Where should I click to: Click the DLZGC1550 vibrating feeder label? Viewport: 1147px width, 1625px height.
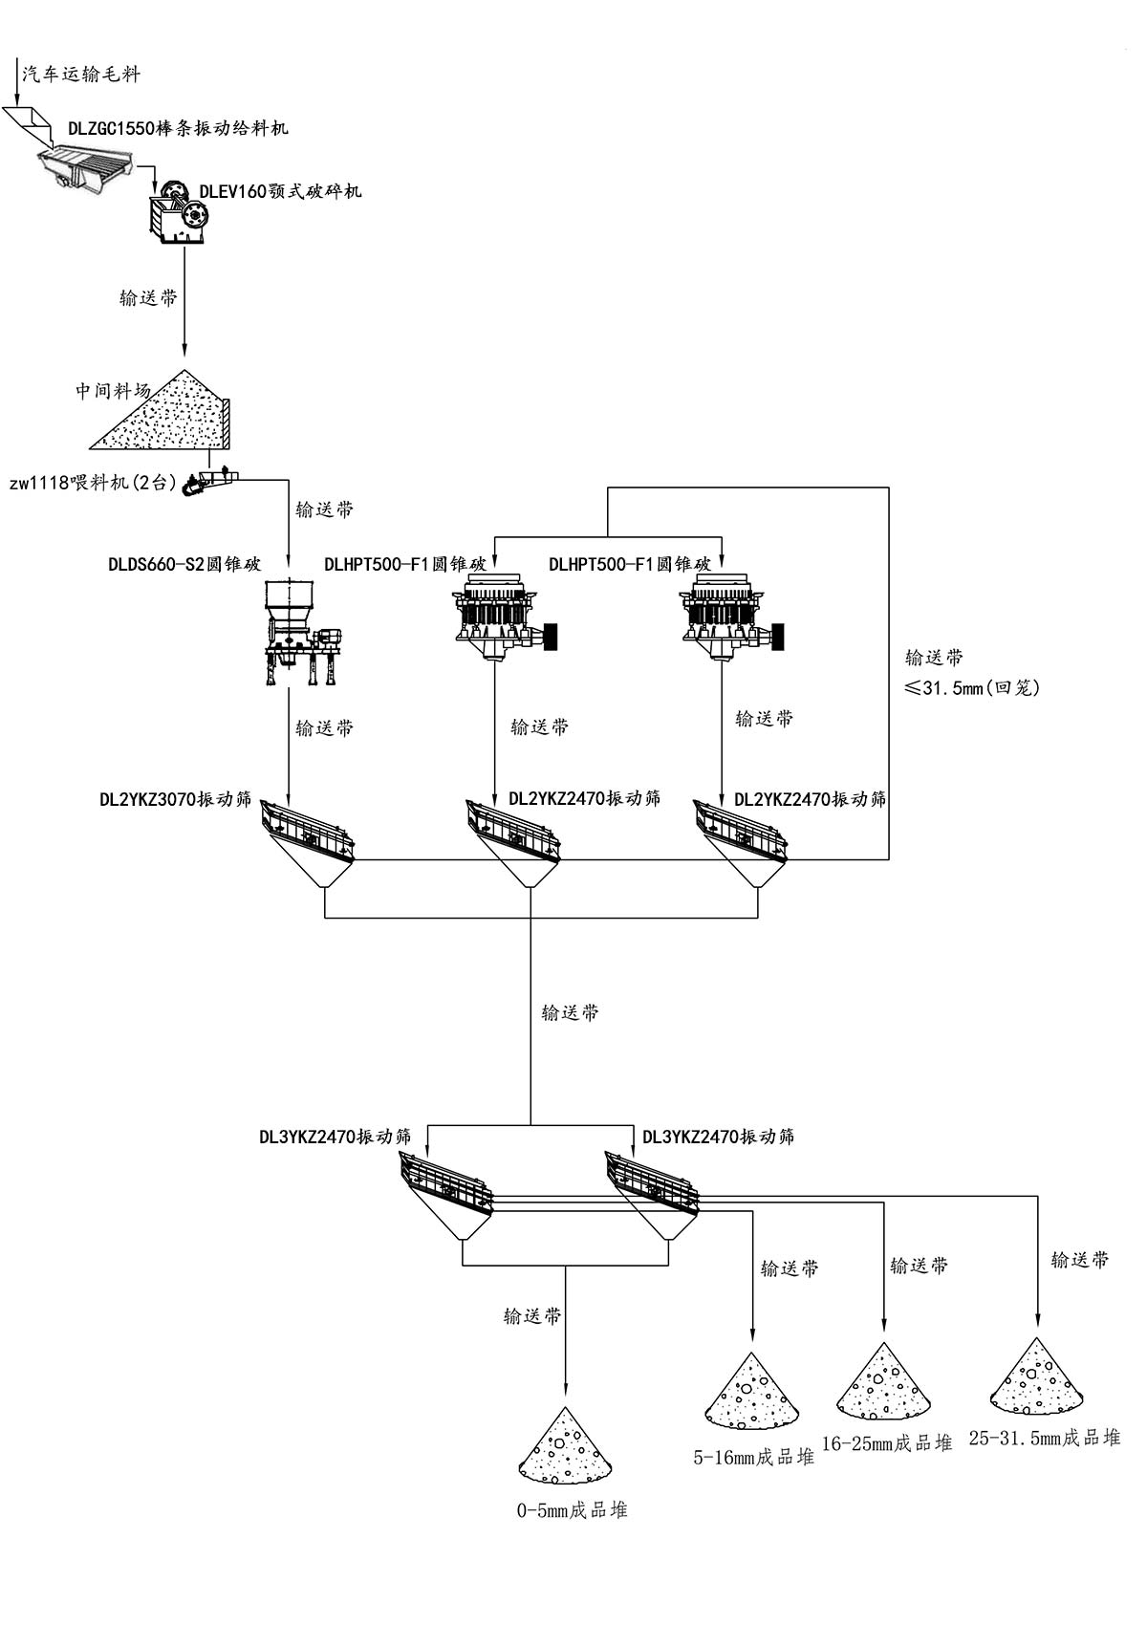tap(178, 128)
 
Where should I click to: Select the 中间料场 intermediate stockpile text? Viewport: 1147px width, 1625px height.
tap(114, 390)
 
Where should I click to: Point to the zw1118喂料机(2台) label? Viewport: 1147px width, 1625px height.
tap(93, 483)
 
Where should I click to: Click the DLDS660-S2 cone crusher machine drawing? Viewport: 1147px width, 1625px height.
tap(299, 632)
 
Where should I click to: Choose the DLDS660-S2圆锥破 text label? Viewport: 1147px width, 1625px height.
tap(184, 564)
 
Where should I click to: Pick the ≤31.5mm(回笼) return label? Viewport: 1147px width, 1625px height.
tap(972, 687)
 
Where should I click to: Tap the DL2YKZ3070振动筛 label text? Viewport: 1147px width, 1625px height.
tap(176, 798)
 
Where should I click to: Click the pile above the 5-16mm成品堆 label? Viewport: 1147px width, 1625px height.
tap(751, 1392)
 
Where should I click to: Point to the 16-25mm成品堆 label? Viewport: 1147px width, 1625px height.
tap(887, 1443)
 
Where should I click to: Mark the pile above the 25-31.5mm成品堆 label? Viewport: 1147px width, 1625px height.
tap(1036, 1377)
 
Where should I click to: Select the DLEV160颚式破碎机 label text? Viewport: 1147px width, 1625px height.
tap(281, 191)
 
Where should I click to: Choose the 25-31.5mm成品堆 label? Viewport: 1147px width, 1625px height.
tap(1044, 1438)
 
